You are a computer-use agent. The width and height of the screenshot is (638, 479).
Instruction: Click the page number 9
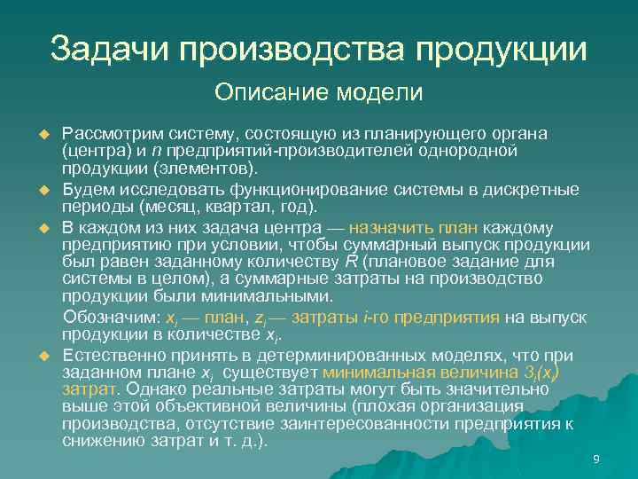(x=595, y=458)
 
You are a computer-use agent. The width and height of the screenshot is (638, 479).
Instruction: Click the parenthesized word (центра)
(x=95, y=151)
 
